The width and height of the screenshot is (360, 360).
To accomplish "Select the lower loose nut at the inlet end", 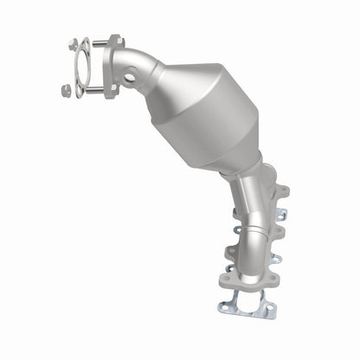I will click(x=67, y=88).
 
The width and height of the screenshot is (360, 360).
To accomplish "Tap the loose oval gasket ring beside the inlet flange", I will click(x=80, y=67).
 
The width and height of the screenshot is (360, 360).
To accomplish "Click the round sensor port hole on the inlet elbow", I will click(x=129, y=78).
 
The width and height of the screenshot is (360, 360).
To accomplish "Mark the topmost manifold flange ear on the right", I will click(x=281, y=189).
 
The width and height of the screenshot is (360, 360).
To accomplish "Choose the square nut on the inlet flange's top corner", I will click(x=112, y=40).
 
